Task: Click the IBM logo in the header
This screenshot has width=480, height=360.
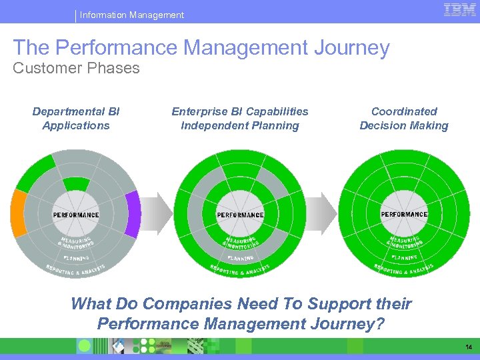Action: coord(459,10)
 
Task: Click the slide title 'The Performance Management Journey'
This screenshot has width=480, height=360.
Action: coord(201,47)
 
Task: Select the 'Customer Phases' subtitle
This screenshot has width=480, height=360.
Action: coord(76,68)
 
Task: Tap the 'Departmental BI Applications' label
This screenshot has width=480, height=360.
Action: coord(76,118)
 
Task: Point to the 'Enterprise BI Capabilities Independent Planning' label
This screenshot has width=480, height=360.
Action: coord(240,118)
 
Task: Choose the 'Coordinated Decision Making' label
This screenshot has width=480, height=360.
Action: coord(404,118)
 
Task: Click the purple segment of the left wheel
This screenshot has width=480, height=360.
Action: coord(133,213)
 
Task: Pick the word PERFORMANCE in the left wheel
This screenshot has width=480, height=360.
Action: coord(76,215)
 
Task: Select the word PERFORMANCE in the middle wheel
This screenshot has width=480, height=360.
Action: coord(240,215)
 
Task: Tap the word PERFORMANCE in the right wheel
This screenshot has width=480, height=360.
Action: coord(404,214)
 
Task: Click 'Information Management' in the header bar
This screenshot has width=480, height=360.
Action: coord(131,15)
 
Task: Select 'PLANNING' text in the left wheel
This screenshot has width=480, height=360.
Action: coord(77,257)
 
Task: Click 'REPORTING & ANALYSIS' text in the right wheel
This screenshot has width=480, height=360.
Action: coord(404,269)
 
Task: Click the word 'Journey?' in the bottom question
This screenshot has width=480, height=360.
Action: coord(351,324)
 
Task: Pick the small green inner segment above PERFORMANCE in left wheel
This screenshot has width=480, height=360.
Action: coord(75,185)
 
